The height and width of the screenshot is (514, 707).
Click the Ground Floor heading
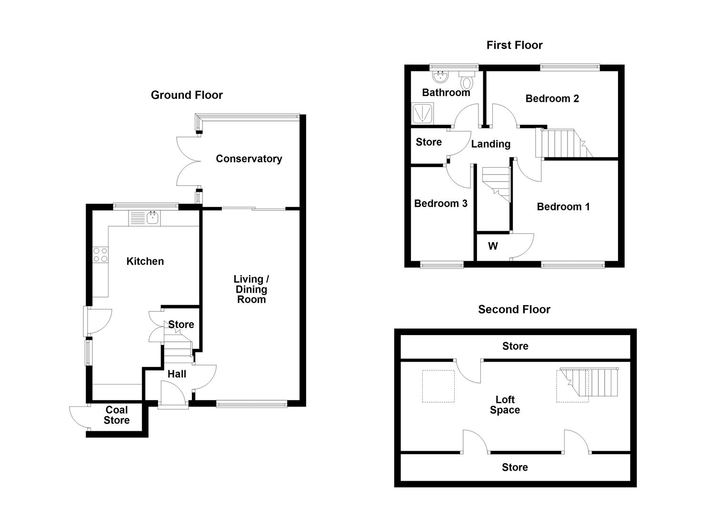(187, 95)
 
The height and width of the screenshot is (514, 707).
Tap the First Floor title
(514, 45)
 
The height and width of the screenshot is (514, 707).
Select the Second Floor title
(514, 309)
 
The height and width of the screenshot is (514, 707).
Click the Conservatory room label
(249, 159)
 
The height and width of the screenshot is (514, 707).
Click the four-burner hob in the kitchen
(100, 255)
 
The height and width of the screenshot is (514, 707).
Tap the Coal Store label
(117, 415)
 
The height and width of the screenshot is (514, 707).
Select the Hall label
(177, 374)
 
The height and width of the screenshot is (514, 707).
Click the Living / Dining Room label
(251, 289)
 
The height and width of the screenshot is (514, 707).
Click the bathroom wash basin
(440, 76)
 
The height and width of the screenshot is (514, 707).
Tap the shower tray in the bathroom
(422, 114)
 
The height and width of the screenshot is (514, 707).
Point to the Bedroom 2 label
(552, 99)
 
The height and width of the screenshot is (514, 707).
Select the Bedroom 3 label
(440, 204)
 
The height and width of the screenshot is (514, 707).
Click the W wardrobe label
(493, 246)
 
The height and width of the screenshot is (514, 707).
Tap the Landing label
(490, 144)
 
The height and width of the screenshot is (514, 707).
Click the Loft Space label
(505, 405)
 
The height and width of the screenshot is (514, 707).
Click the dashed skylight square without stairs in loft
(438, 386)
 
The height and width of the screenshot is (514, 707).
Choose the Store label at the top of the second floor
(515, 346)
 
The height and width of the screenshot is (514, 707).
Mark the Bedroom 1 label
(563, 207)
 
